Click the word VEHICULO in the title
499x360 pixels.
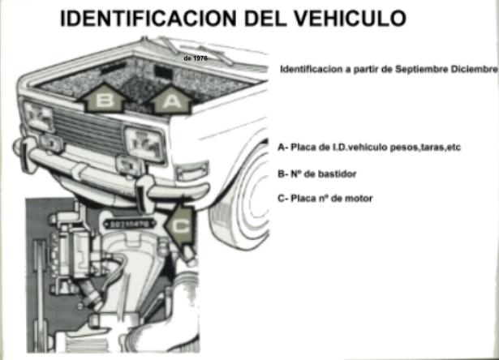click(x=350, y=19)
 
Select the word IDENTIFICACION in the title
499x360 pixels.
click(x=148, y=19)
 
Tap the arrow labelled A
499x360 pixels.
click(x=172, y=99)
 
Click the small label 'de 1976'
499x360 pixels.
click(x=196, y=58)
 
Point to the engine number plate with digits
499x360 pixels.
click(x=130, y=225)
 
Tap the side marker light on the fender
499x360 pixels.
click(x=192, y=171)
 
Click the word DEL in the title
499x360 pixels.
click(x=265, y=19)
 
